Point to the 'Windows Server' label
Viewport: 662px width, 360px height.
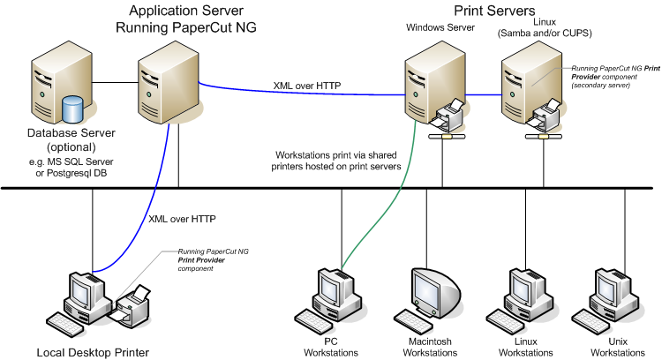click(440, 27)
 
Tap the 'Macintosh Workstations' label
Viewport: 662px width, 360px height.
click(433, 346)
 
